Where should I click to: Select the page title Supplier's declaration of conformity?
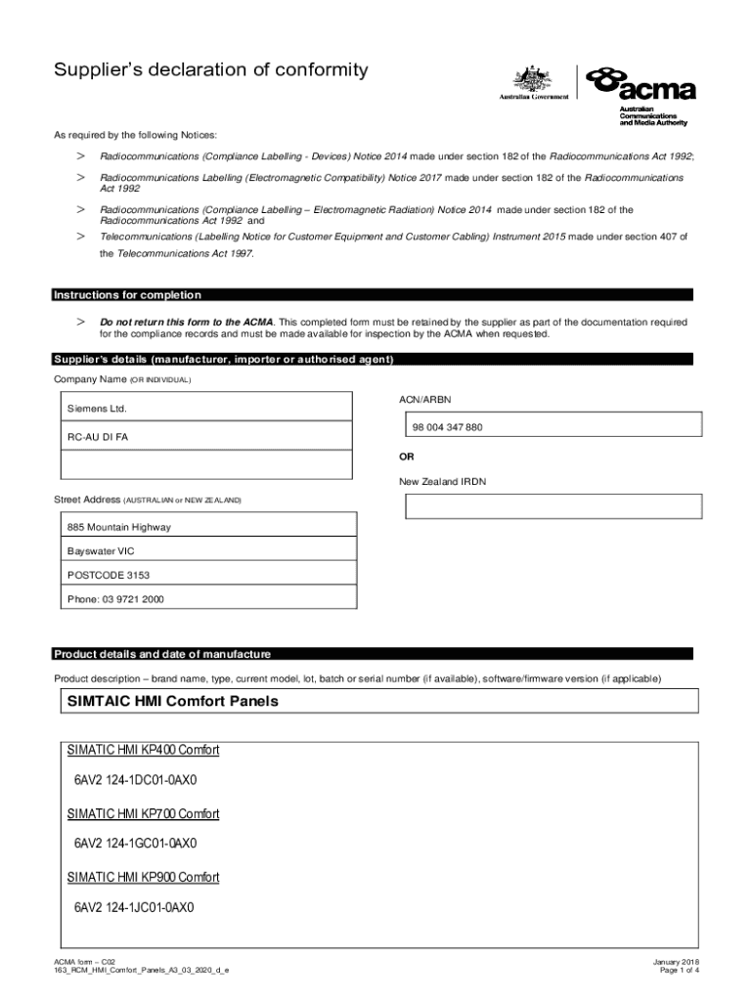(211, 70)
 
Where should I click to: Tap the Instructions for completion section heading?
(127, 295)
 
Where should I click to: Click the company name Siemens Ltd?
(97, 408)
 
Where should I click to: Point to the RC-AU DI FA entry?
(97, 437)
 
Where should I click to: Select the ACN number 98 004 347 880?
(447, 427)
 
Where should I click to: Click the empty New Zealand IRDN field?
(554, 506)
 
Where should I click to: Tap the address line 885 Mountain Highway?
(118, 528)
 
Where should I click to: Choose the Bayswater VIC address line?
(101, 551)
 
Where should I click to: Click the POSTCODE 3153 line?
(109, 575)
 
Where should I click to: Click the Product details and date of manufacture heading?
(162, 654)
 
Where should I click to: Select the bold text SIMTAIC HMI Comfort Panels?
(172, 702)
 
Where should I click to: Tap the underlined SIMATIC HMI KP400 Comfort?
(143, 751)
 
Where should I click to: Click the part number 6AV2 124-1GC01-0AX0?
(135, 843)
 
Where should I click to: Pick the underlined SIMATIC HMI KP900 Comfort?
(143, 877)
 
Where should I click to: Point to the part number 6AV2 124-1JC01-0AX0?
(135, 907)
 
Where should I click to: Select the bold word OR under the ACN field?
(406, 457)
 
